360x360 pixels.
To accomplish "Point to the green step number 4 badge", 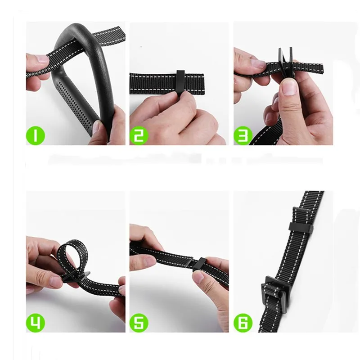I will tap(35, 323).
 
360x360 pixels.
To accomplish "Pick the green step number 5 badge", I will tap(139, 323).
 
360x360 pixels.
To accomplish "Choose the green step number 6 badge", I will tap(243, 323).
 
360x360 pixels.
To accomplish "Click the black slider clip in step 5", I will tap(199, 264).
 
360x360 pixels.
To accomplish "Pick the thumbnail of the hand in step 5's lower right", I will tap(198, 277).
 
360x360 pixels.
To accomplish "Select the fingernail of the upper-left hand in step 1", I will tap(42, 58).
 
